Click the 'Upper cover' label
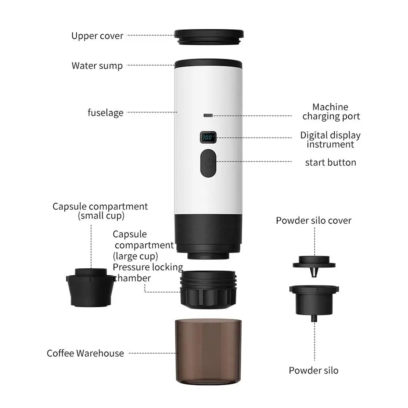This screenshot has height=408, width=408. tap(97, 36)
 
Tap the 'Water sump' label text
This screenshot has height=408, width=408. tap(97, 66)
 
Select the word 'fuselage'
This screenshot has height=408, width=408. tap(106, 113)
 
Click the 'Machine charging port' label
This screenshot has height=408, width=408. tap(331, 112)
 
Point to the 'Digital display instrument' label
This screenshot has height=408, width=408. tap(330, 140)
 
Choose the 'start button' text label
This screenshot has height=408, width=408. tap(330, 162)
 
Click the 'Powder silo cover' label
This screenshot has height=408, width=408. tap(314, 220)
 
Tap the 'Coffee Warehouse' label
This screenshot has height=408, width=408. tap(85, 353)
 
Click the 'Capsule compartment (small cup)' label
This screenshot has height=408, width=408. tap(100, 211)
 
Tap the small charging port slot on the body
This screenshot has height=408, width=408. tap(208, 115)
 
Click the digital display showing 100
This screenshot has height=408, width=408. tap(208, 137)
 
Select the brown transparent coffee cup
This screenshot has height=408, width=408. tap(208, 351)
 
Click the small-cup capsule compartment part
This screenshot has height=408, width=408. tap(91, 288)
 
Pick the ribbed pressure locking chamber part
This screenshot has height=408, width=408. tap(208, 290)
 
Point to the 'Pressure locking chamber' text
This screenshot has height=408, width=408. tap(148, 273)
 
